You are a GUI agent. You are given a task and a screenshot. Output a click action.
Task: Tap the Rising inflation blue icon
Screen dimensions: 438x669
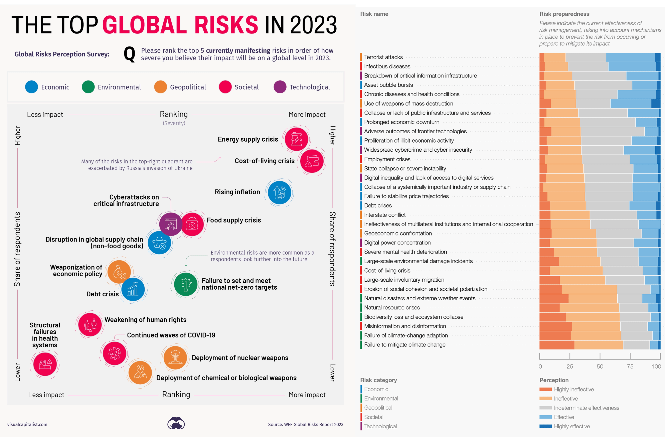click(x=279, y=193)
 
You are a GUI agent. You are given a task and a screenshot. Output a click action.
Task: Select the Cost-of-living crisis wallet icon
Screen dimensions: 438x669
click(x=312, y=161)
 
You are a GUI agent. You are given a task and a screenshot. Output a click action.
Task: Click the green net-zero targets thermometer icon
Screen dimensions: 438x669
click(x=185, y=284)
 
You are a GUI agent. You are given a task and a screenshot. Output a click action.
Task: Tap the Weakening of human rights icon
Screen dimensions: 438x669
click(x=90, y=325)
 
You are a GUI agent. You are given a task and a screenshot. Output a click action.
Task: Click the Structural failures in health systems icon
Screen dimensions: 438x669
click(x=45, y=364)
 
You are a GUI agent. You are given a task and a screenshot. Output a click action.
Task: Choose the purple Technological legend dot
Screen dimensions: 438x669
click(x=280, y=87)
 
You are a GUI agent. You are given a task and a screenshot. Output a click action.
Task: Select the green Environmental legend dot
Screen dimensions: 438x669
click(x=88, y=87)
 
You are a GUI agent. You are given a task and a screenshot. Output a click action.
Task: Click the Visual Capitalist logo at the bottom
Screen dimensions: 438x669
click(x=176, y=423)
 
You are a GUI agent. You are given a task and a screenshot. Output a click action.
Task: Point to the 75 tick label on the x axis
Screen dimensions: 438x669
click(x=630, y=366)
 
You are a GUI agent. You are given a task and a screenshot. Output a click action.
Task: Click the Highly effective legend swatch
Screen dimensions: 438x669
click(x=545, y=426)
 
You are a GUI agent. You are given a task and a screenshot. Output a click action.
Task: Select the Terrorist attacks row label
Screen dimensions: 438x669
click(x=383, y=57)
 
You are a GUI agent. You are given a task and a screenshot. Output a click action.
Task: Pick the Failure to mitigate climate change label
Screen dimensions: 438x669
click(x=404, y=345)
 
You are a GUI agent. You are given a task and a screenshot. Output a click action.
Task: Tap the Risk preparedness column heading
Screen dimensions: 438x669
click(x=564, y=14)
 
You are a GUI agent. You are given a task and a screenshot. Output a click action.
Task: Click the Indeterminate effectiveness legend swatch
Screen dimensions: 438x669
click(x=545, y=408)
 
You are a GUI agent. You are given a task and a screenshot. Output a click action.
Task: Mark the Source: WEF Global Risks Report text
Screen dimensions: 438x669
click(x=306, y=425)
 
